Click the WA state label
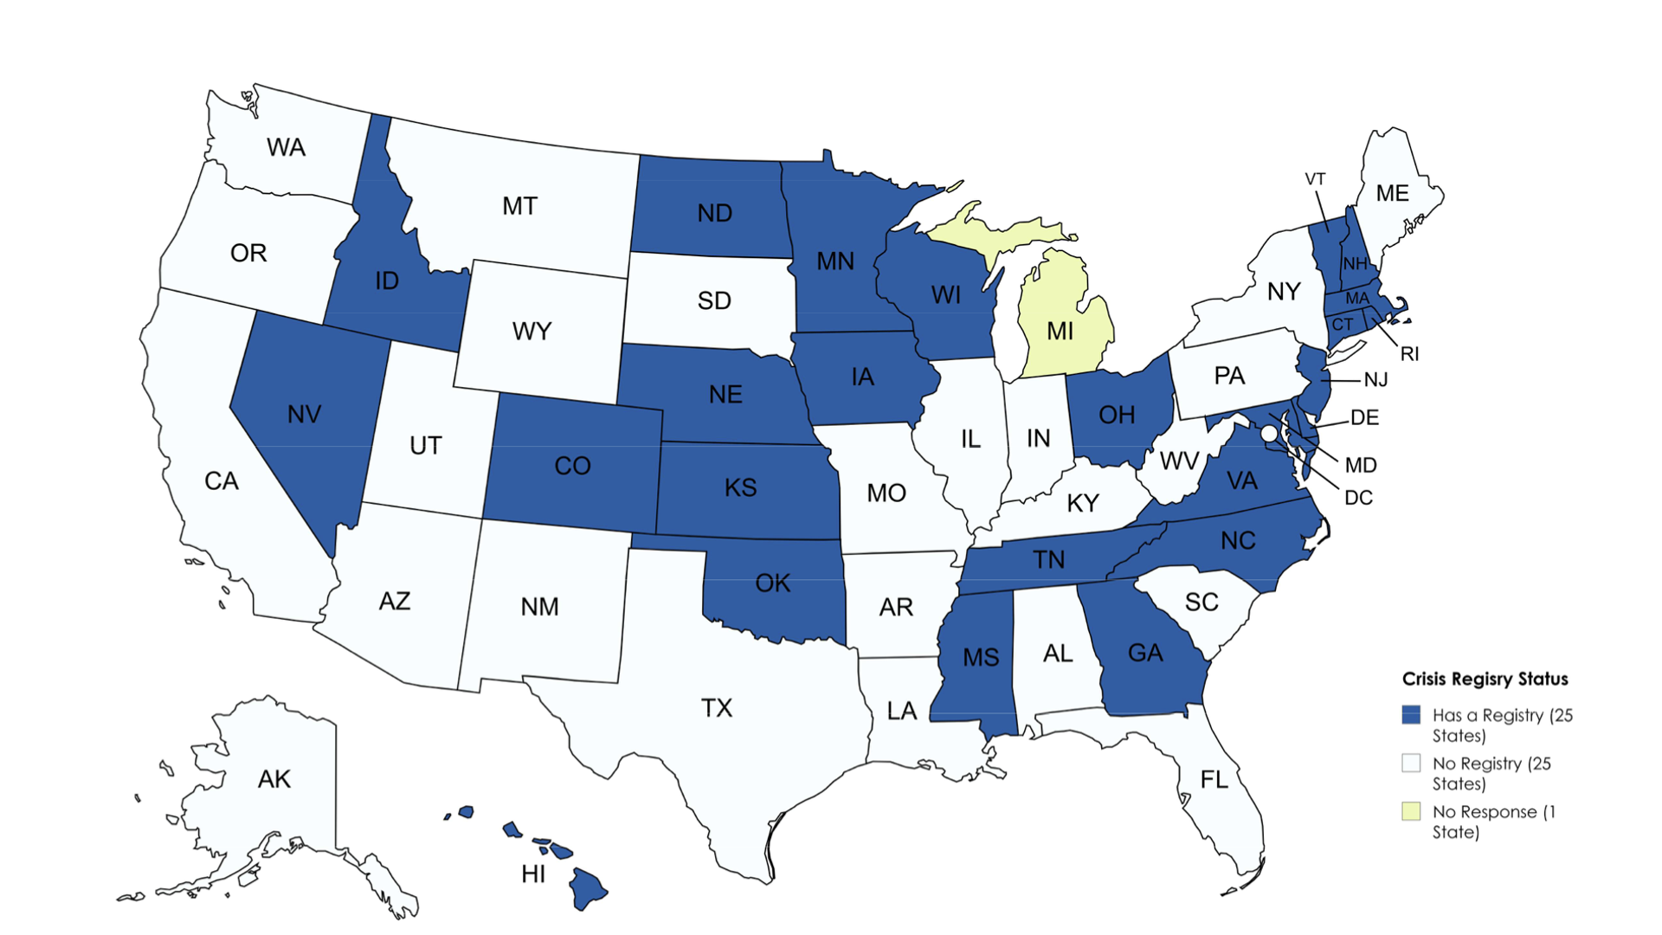286,147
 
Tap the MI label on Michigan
1060,331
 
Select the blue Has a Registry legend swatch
1411,715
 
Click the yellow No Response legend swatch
1411,811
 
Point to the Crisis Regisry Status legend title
1485,679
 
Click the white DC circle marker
1268,433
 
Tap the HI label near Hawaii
533,874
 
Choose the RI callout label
1409,354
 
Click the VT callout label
1315,179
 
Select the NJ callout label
1375,380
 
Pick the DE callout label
1364,417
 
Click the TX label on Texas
717,708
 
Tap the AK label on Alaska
274,779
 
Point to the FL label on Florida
1214,780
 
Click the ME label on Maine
1392,193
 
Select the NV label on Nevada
304,414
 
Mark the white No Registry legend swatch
1411,764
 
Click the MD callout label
1361,465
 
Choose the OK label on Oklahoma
772,584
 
